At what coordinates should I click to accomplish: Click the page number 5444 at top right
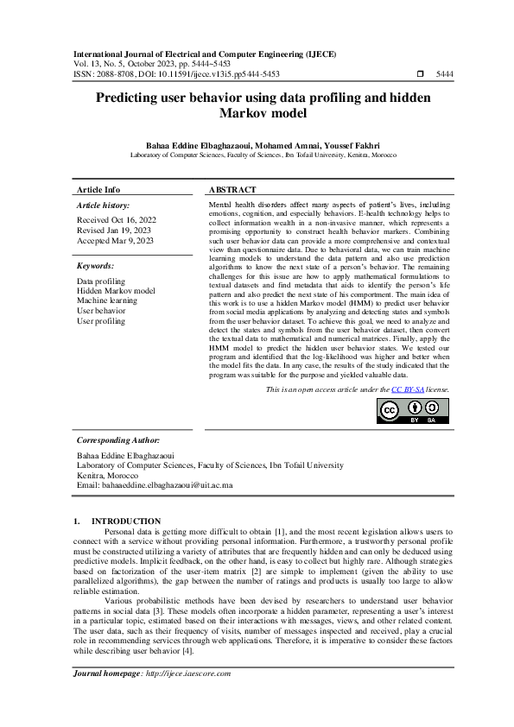[x=445, y=74]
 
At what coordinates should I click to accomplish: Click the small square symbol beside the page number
[x=419, y=74]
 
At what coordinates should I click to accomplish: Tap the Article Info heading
[x=98, y=189]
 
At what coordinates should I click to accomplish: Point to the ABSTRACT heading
[x=232, y=189]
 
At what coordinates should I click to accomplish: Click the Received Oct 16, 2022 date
[x=111, y=220]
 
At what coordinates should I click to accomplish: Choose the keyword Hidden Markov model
[x=116, y=291]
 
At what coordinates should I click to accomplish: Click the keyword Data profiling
[x=100, y=281]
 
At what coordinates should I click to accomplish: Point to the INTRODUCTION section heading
[x=126, y=521]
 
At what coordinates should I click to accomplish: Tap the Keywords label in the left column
[x=95, y=266]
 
